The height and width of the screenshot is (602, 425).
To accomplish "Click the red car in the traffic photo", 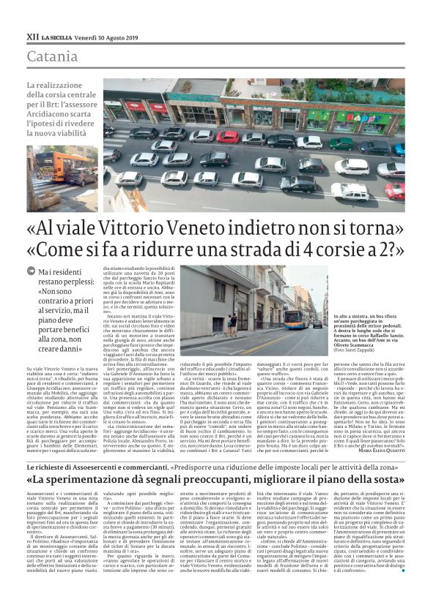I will point(228,136).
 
